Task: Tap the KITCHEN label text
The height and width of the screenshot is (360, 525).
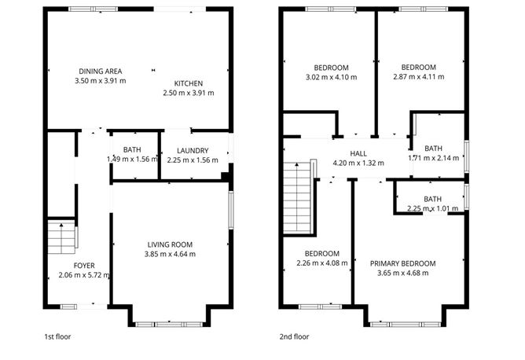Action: [x=189, y=83]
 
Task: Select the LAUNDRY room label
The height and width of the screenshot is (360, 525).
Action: [x=192, y=150]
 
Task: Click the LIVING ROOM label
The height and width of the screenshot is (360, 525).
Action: [x=170, y=244]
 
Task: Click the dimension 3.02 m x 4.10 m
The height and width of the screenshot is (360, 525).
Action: [x=331, y=78]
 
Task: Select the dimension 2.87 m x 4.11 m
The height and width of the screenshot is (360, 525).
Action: [x=418, y=78]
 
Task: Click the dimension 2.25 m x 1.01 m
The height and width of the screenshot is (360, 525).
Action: [x=433, y=208]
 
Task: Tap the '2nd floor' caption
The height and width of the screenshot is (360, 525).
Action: [x=295, y=336]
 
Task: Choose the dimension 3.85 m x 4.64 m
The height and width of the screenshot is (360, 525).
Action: [x=170, y=254]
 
